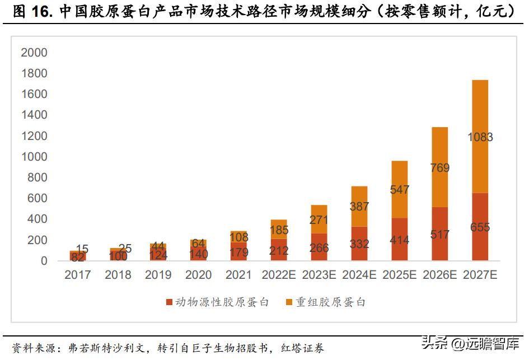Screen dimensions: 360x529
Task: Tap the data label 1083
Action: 480,137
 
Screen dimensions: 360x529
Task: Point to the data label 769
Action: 439,168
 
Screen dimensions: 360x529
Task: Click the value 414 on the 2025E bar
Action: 399,241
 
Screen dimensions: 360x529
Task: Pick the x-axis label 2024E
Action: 359,275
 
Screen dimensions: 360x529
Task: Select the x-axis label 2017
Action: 77,275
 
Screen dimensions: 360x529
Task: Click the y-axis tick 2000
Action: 34,53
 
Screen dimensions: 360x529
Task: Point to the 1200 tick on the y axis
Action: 34,136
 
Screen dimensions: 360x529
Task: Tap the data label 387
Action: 359,207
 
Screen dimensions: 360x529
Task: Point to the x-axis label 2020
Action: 198,275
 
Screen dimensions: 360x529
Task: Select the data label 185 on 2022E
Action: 278,230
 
